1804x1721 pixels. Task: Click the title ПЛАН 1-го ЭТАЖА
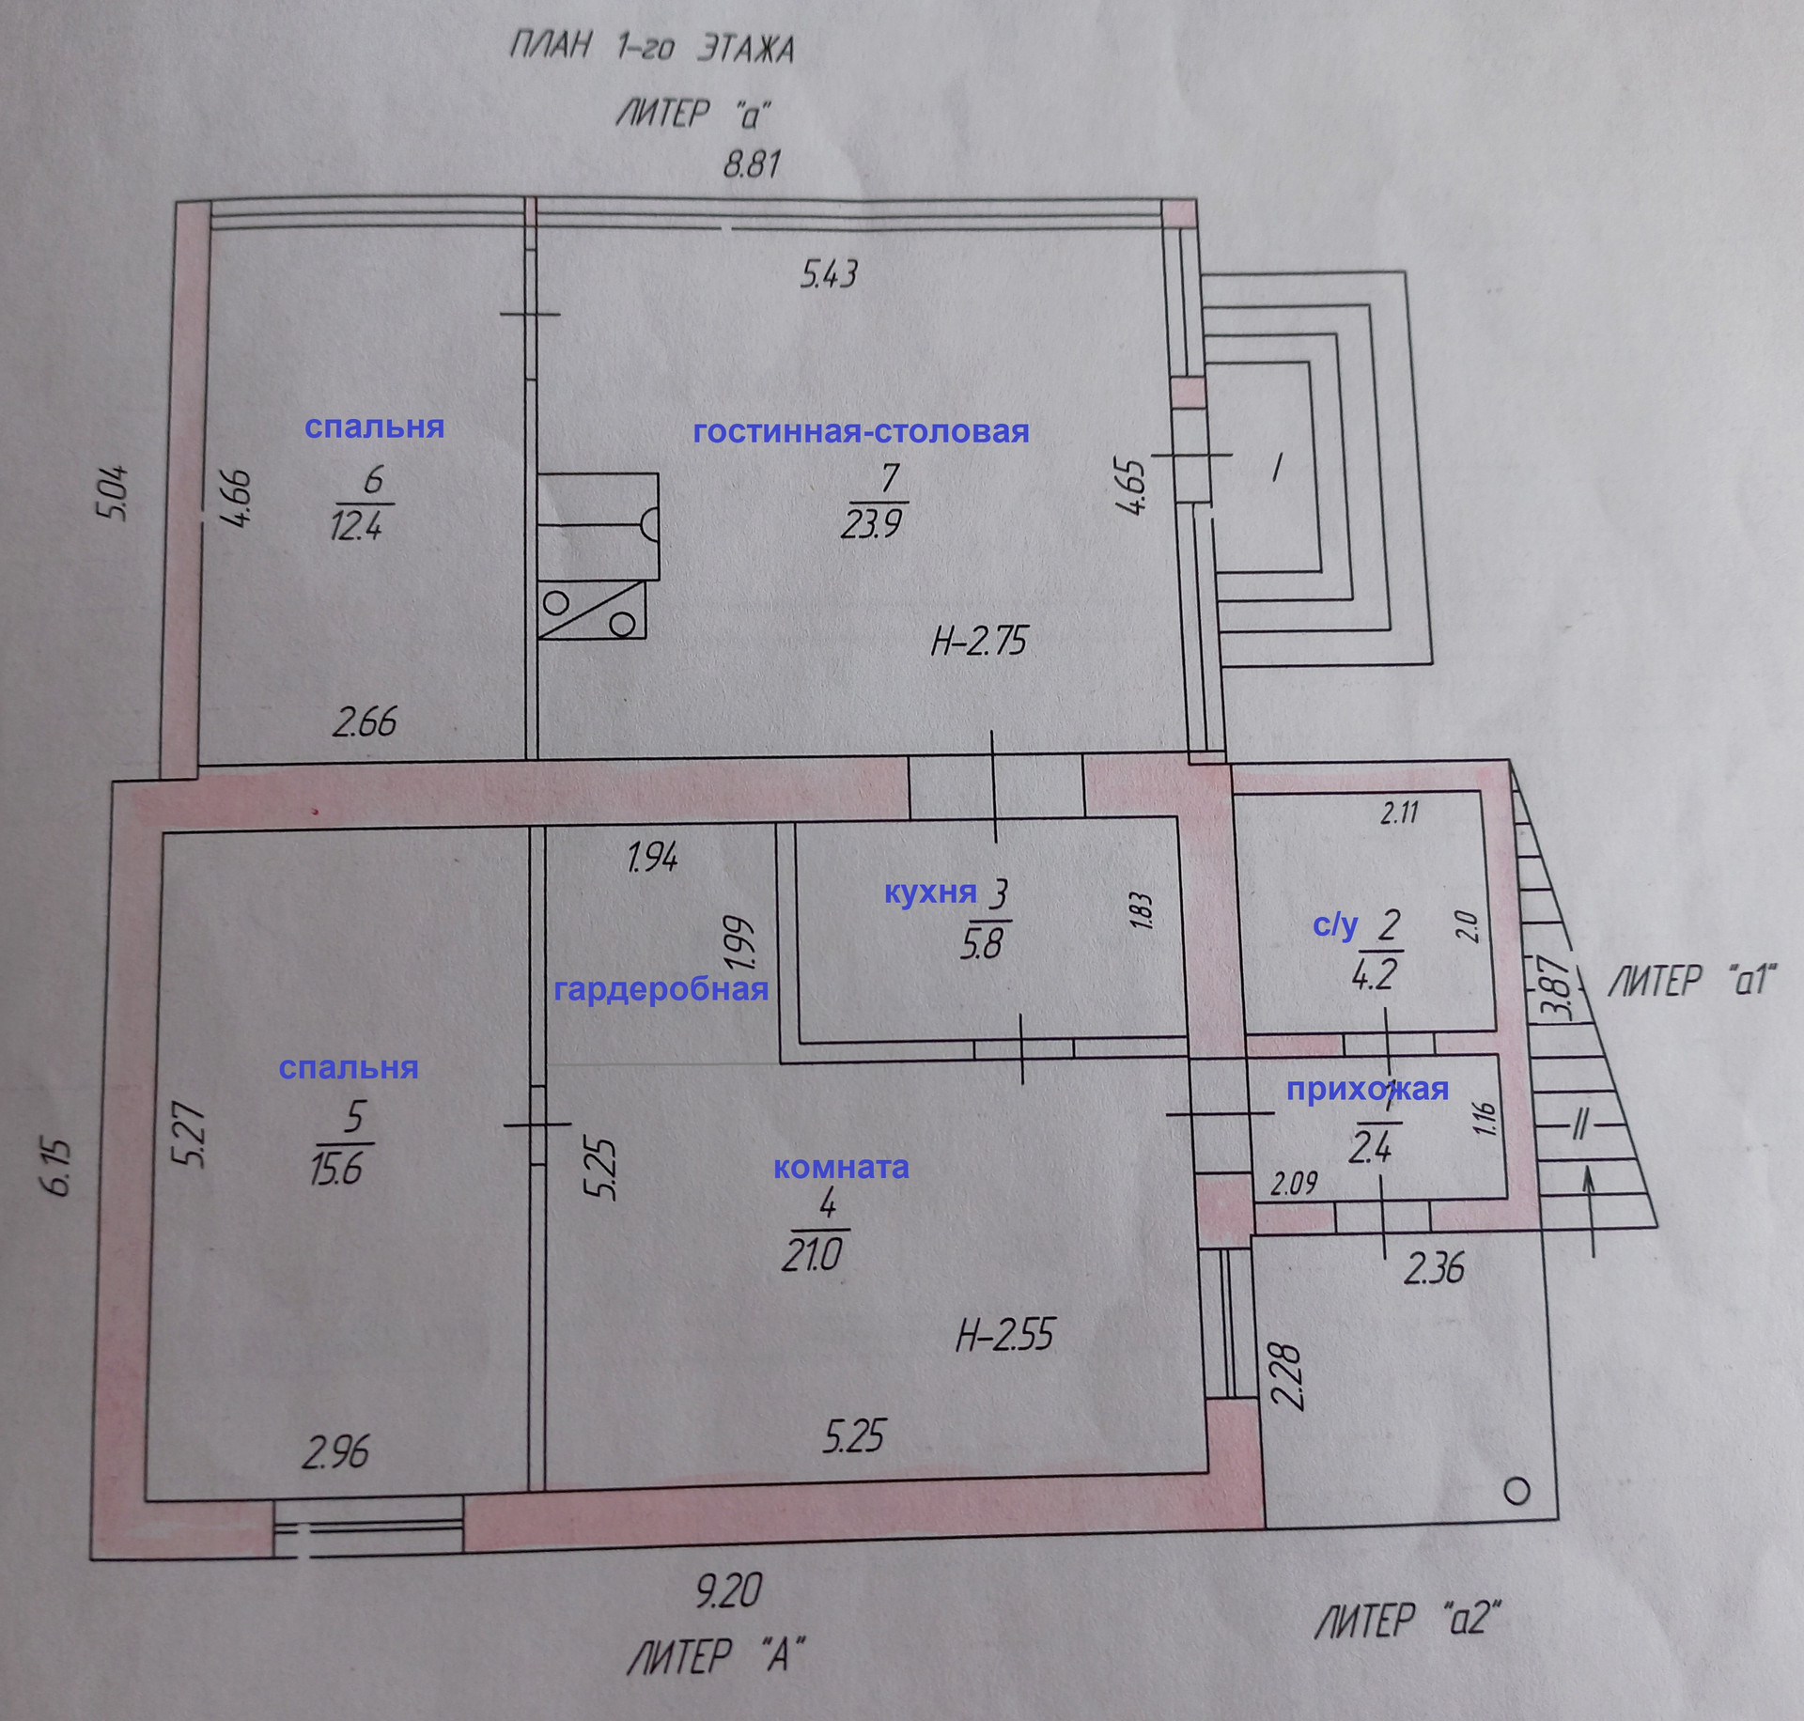651,48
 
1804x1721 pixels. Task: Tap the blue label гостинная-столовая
861,432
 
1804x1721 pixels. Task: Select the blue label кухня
930,892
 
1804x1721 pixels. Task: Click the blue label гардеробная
661,989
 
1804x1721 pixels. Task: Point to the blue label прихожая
1367,1089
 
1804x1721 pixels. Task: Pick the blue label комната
841,1168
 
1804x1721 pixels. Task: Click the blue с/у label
1335,926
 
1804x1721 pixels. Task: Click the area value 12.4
357,526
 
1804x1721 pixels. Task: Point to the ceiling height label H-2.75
979,642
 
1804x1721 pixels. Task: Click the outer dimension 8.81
752,165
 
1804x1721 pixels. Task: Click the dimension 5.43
829,274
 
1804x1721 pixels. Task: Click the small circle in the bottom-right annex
1516,1491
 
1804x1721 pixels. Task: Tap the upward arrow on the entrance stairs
1593,1207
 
